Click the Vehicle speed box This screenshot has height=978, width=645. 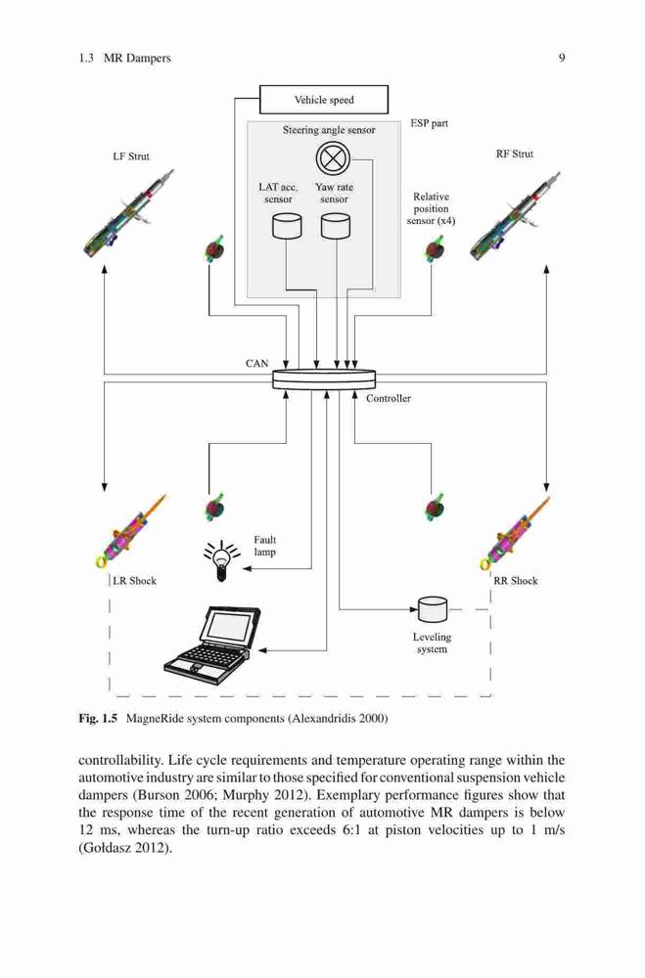[x=323, y=100]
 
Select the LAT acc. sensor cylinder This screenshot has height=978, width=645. [x=287, y=227]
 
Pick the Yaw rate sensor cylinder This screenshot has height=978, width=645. [x=336, y=227]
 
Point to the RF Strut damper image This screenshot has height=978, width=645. [x=515, y=215]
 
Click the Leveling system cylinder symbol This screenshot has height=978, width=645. [x=432, y=609]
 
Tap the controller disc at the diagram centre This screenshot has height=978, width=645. [x=324, y=378]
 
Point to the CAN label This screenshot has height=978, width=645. [x=256, y=363]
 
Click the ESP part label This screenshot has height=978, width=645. [x=429, y=123]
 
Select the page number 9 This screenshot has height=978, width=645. [x=562, y=58]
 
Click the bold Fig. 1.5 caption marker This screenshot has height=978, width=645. [x=98, y=718]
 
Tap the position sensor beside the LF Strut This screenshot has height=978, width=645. [x=214, y=249]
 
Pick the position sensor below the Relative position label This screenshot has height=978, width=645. [x=434, y=249]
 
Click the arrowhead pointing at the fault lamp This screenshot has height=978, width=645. [x=247, y=569]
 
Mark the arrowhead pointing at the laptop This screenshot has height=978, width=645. [x=263, y=650]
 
